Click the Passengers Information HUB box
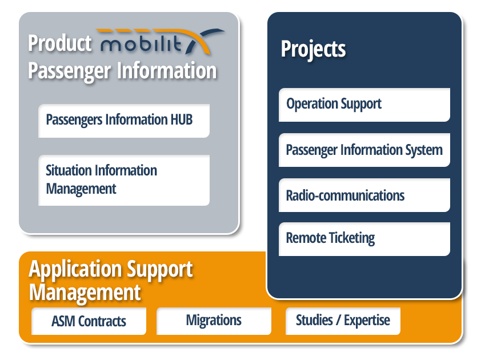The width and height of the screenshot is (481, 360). point(124,121)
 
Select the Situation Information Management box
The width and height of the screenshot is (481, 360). point(124,180)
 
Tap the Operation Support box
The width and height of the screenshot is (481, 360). point(364,105)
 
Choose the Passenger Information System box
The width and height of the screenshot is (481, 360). point(364,150)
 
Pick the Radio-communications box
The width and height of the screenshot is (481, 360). point(364,195)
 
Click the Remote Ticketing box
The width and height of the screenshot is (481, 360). point(364,239)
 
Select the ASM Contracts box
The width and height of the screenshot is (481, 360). point(89,321)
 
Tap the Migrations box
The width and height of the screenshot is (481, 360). point(214,321)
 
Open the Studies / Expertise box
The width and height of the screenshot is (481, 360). point(343,321)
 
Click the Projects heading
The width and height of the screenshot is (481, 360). point(313,49)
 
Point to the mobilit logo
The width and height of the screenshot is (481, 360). point(162,42)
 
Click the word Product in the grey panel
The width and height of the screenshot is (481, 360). point(60,43)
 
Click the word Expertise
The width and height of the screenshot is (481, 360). point(367,321)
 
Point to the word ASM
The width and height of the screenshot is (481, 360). point(63,321)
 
